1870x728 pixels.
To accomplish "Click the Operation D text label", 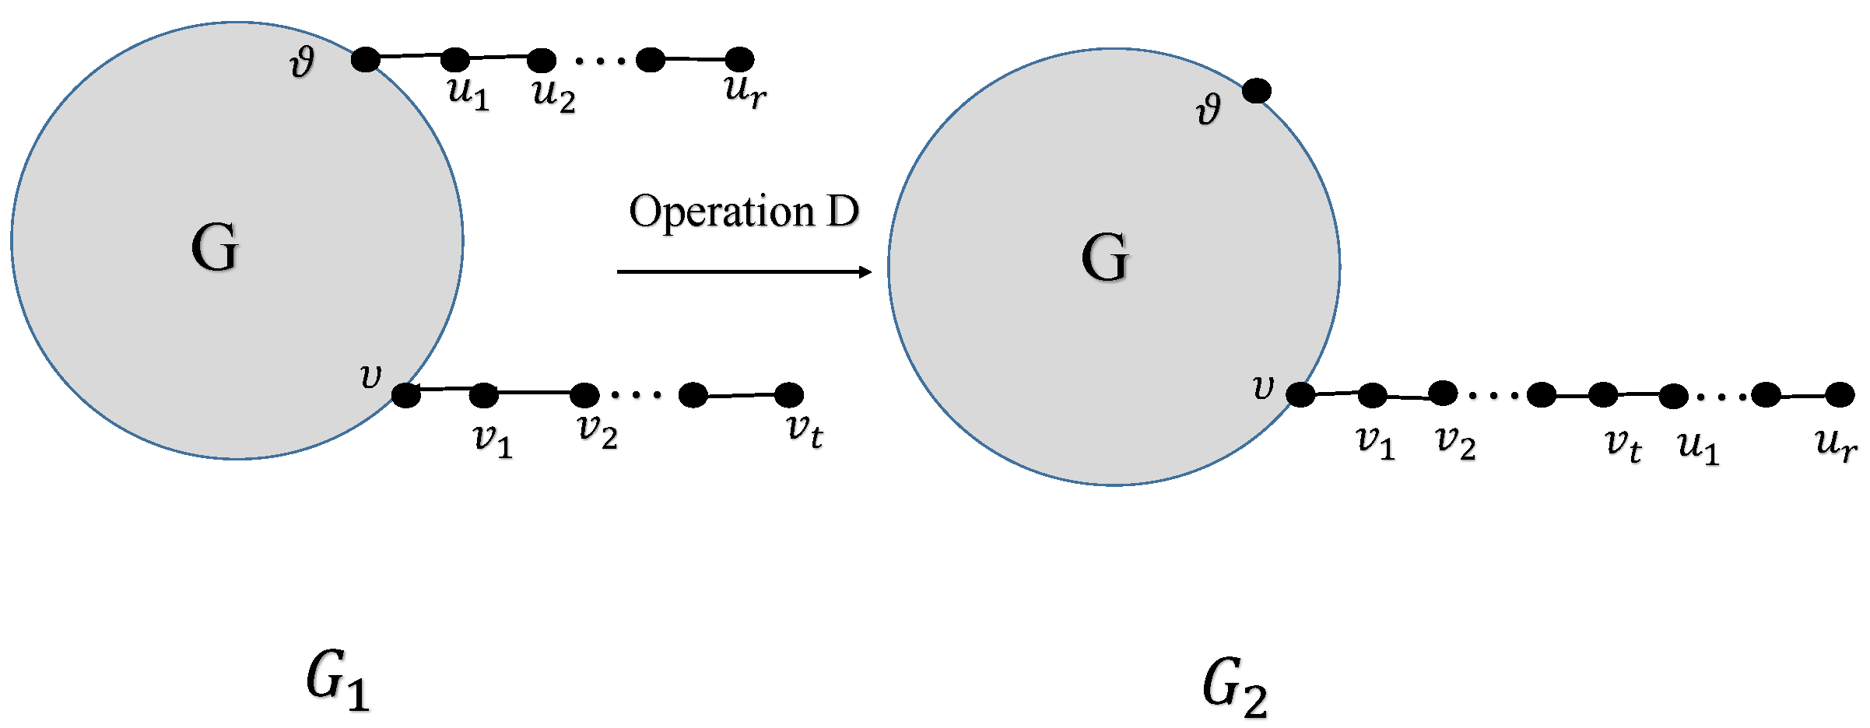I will tap(743, 212).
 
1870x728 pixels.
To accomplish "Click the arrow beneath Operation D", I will tap(743, 271).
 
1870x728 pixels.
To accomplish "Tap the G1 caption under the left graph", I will tap(337, 681).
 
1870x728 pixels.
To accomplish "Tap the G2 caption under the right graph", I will tap(1234, 687).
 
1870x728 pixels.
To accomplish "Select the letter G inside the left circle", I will tap(215, 247).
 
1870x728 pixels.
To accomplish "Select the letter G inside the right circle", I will tap(1105, 257).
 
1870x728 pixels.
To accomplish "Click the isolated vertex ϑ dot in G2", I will tap(1256, 91).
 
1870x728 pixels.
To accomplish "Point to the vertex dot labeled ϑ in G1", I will tap(365, 59).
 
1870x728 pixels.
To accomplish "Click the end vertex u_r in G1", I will tap(739, 59).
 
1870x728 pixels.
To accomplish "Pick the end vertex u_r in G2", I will tap(1840, 394).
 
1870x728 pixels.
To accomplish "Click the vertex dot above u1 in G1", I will tap(455, 59).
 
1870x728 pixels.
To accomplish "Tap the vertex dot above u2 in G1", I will tap(542, 60).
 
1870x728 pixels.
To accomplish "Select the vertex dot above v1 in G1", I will tap(483, 395).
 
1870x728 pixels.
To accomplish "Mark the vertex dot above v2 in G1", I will tap(584, 395).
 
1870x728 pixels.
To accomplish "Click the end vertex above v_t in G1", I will tap(789, 394).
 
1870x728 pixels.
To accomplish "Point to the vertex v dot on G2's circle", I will tap(1300, 394).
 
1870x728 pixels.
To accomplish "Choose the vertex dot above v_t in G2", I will tap(1603, 394).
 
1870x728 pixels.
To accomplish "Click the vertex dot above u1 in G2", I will tap(1673, 396).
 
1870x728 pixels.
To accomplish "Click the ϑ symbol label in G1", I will tap(302, 62).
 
